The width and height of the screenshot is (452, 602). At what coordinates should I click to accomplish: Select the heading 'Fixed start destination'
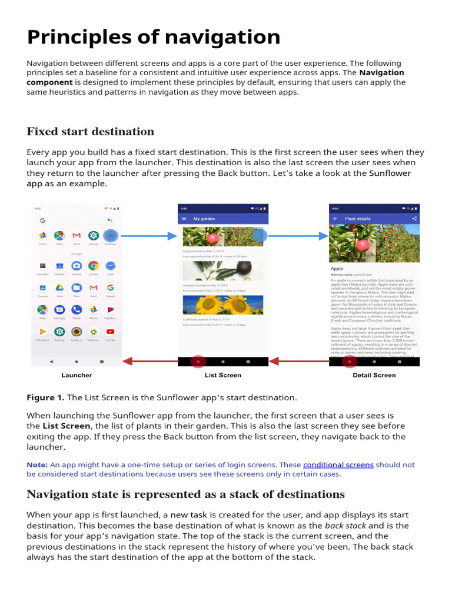pos(90,131)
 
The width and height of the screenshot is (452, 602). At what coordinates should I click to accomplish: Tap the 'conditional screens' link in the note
pos(338,464)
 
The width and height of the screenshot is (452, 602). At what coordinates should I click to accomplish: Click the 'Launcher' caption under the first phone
pos(77,375)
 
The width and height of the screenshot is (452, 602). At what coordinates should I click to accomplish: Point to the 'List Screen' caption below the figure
pos(222,375)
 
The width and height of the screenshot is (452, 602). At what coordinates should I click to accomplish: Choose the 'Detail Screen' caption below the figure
pos(374,375)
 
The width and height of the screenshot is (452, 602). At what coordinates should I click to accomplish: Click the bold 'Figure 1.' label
pos(45,398)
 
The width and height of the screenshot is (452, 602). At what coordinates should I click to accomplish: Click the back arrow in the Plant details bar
pos(335,219)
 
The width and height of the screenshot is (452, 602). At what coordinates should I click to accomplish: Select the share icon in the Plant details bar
pos(414,219)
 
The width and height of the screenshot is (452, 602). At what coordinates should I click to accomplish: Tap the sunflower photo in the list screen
pos(222,305)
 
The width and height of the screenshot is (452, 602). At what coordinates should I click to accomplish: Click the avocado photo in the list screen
pos(222,271)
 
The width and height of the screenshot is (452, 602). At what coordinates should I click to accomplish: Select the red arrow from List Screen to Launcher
pos(149,362)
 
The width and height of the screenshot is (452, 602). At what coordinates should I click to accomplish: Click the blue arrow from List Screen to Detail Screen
pos(298,236)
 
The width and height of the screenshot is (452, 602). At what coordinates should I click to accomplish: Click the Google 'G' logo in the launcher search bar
pos(42,220)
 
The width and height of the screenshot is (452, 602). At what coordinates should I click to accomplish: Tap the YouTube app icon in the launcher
pos(110,333)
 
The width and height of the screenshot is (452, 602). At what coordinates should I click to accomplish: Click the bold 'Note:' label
pos(36,464)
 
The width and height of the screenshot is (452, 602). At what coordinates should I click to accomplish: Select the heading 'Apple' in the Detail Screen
pos(337,269)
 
